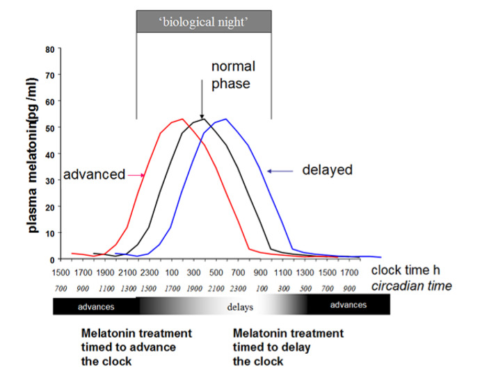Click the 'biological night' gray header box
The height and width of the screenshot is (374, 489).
click(x=203, y=22)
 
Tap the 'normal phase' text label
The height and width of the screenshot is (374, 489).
click(x=233, y=75)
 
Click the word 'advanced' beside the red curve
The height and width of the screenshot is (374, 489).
click(x=94, y=174)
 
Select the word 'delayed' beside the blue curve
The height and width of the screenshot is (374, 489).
click(x=328, y=170)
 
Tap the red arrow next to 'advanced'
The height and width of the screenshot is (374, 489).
click(x=135, y=175)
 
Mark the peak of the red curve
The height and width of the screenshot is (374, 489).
click(x=182, y=119)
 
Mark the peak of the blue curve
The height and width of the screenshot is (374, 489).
click(x=225, y=119)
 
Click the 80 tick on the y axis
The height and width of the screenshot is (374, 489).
click(x=49, y=49)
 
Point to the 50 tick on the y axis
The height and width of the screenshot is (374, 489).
click(x=49, y=128)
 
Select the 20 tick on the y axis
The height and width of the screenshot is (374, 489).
click(x=49, y=206)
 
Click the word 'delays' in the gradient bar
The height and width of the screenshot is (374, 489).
click(x=239, y=306)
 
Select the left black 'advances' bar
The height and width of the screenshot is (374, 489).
click(x=95, y=306)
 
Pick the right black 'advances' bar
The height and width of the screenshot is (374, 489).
click(x=348, y=305)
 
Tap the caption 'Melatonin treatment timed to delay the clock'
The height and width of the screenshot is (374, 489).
click(x=288, y=348)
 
